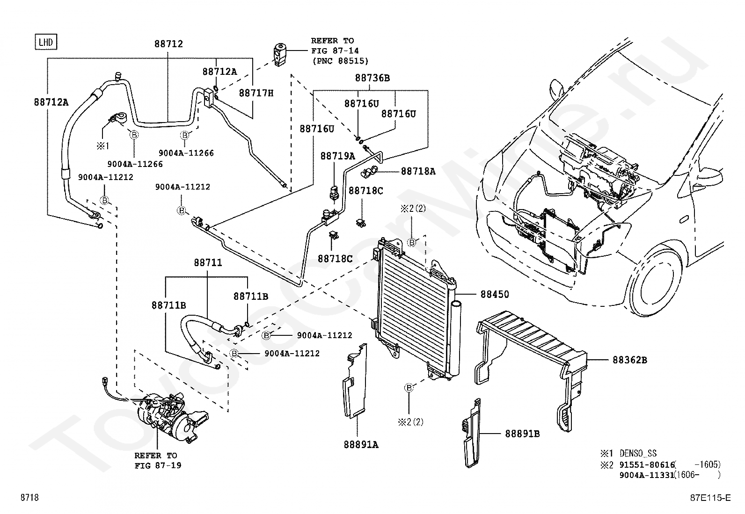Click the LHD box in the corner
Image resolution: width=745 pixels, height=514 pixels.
pos(46,42)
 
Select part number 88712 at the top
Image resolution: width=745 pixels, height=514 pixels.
pos(168,44)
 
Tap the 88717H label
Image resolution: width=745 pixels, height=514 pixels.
pos(256,93)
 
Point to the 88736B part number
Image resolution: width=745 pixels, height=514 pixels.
pos(372,78)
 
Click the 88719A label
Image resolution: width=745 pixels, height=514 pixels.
pos(337,156)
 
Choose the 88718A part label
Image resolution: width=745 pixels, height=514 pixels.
pos(418,171)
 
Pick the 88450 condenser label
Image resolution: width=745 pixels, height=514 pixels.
pos(495,294)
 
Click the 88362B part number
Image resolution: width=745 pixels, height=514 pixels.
pos(630,360)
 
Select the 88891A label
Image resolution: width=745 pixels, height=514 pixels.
pos(361,444)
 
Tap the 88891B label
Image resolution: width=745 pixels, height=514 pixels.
pos(523,434)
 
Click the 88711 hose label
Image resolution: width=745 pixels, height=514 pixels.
pos(208,263)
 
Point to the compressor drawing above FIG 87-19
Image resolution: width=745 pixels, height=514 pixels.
pos(169,416)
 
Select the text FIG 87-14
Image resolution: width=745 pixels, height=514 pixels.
pos(335,51)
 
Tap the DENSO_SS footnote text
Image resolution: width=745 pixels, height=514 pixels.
pos(638,453)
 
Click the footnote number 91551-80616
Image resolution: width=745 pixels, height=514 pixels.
pos(647,464)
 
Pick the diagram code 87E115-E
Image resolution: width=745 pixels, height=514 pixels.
pos(710,498)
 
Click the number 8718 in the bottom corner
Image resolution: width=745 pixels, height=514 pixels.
pos(29,497)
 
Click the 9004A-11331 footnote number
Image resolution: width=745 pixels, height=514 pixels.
pos(647,475)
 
